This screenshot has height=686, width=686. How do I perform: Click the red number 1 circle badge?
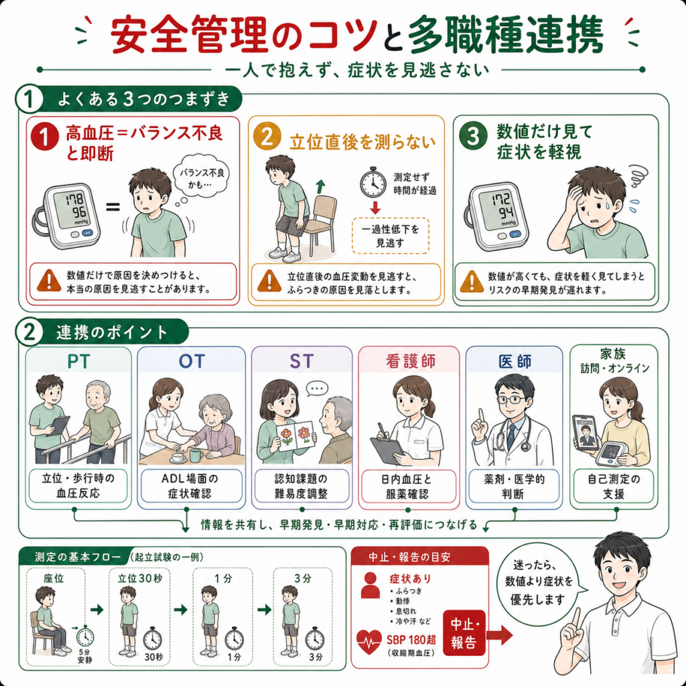coord(45,136)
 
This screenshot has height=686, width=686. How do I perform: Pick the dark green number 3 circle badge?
coord(473,135)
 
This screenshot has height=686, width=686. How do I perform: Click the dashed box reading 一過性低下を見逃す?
coord(391,235)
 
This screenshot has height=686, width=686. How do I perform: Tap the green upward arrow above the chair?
coord(321,186)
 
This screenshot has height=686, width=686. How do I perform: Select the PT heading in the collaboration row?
coord(79,361)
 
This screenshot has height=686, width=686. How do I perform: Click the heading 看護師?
coord(411,361)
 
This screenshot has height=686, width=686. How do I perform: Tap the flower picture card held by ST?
coord(297,436)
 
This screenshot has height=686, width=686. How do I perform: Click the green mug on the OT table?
coord(196,455)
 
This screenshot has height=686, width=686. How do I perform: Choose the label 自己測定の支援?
coord(614,486)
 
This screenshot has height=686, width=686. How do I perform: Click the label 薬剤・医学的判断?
coord(514,486)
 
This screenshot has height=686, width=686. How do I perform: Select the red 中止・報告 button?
coord(465,632)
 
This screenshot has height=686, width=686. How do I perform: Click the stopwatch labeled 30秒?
coord(152,639)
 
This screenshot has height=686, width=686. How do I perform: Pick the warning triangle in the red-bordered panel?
coord(49,281)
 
